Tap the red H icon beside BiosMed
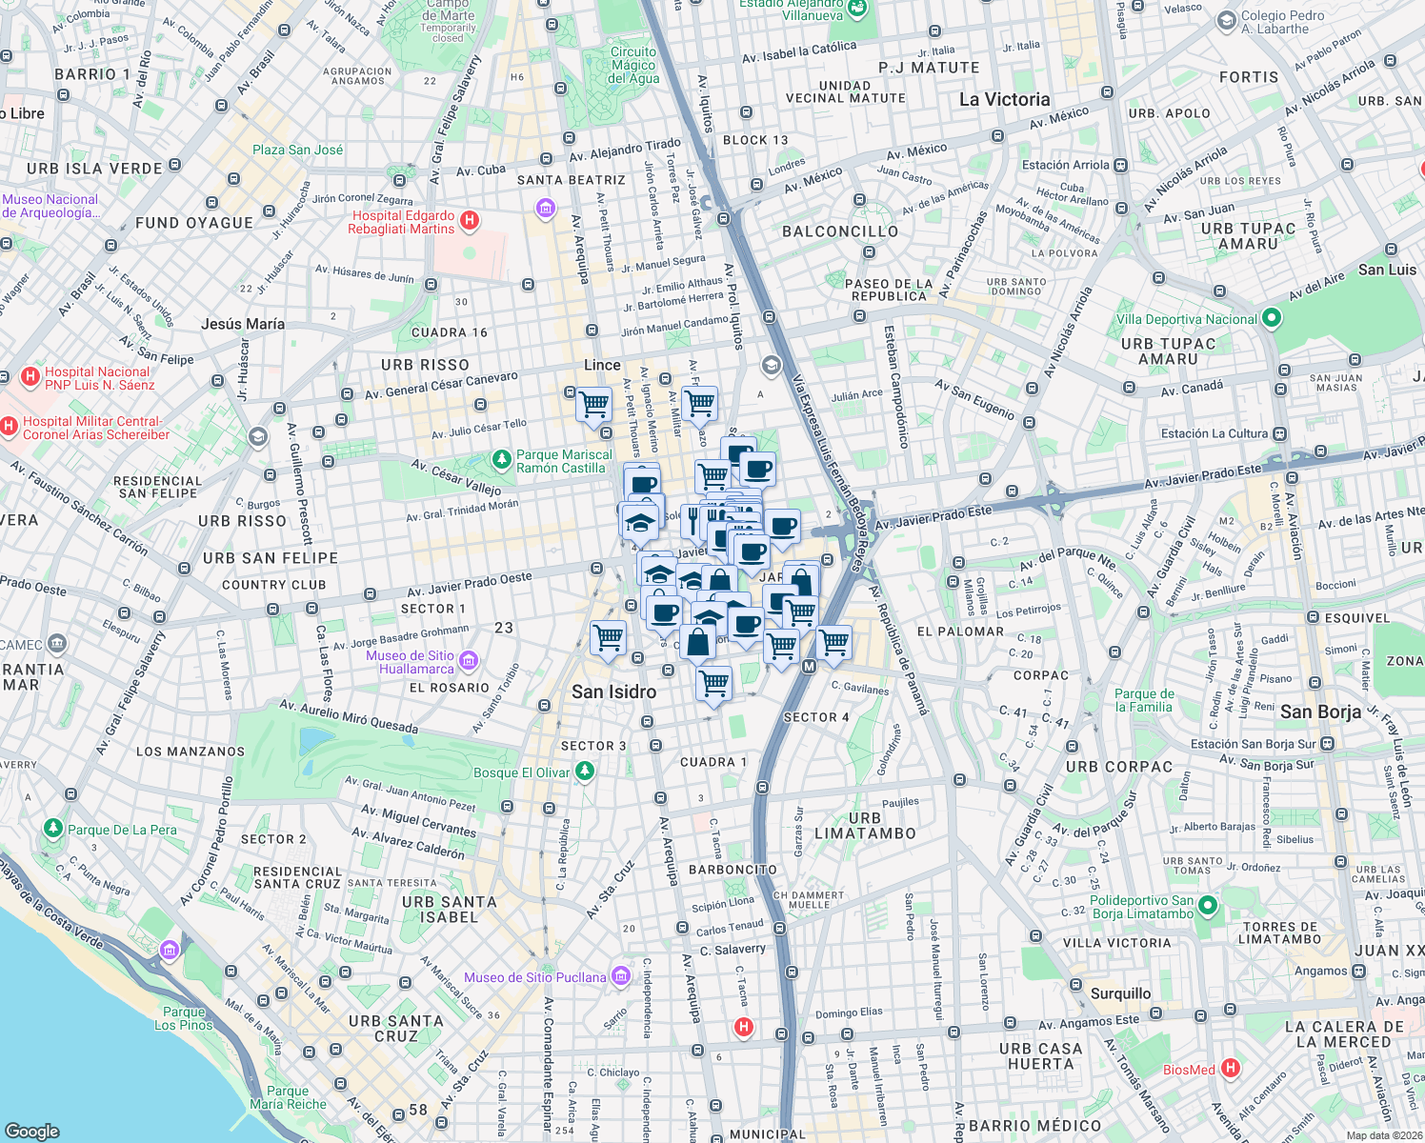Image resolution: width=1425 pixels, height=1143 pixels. pos(1230,1068)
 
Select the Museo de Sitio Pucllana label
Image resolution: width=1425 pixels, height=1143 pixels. pos(534,977)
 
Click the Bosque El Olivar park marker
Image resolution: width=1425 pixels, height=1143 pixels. pos(585,772)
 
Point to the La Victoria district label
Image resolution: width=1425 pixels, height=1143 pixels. pos(1004,100)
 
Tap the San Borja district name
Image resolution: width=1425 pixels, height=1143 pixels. pos(1320,712)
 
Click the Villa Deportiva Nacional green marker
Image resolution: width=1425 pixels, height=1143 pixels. pos(1271,319)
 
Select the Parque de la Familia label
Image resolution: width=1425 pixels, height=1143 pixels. pos(1144,700)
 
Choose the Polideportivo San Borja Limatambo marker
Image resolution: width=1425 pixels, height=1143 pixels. pos(1208,906)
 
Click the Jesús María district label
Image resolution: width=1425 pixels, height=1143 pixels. pos(243,324)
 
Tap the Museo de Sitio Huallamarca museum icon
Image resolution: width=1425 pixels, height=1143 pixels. pos(468,661)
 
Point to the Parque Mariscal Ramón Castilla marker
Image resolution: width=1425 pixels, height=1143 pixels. pos(501,460)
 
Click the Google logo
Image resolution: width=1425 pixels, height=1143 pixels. pos(32,1131)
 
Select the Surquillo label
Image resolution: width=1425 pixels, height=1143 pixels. pos(1120,993)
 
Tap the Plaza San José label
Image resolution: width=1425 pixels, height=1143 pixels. pos(297,150)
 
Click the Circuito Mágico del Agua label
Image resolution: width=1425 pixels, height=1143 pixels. pos(633,66)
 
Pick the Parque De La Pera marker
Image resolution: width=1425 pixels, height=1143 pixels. pos(53,830)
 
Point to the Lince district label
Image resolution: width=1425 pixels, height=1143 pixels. pos(602,365)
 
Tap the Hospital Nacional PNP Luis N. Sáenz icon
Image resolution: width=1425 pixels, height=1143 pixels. pos(30,377)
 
